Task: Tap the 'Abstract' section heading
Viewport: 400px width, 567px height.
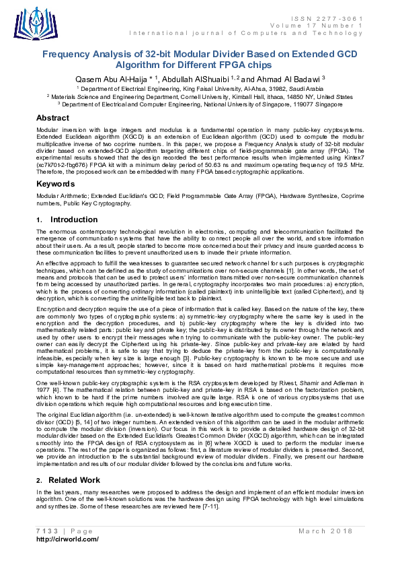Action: (52, 118)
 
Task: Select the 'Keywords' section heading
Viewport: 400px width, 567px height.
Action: (55, 183)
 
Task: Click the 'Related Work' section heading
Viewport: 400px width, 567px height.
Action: (74, 480)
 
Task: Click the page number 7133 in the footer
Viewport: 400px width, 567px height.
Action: (45, 531)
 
